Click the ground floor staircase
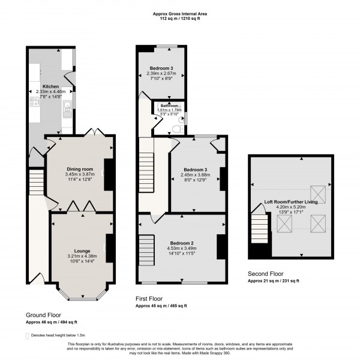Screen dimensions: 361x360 35,180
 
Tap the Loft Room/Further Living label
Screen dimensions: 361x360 292,202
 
